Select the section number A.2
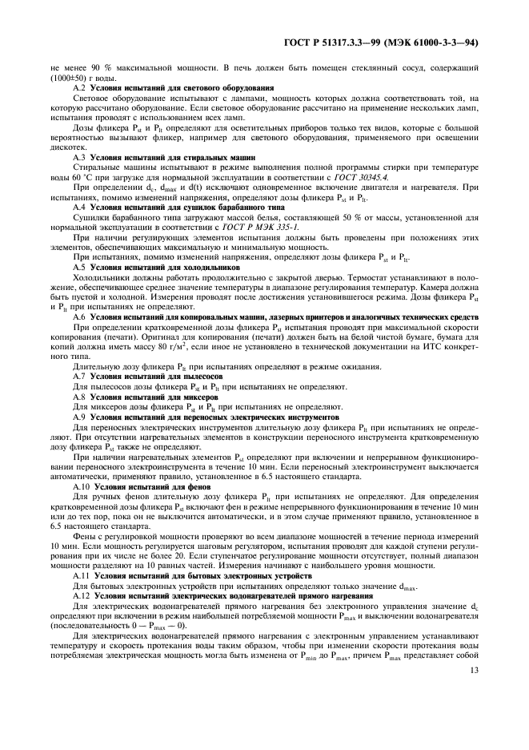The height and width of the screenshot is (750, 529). pyautogui.click(x=78, y=87)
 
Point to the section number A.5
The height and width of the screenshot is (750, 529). pyautogui.click(x=78, y=267)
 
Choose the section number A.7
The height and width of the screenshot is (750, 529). pyautogui.click(x=78, y=375)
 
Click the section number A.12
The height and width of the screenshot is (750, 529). pyautogui.click(x=81, y=597)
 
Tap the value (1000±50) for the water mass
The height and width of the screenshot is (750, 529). pyautogui.click(x=71, y=79)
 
